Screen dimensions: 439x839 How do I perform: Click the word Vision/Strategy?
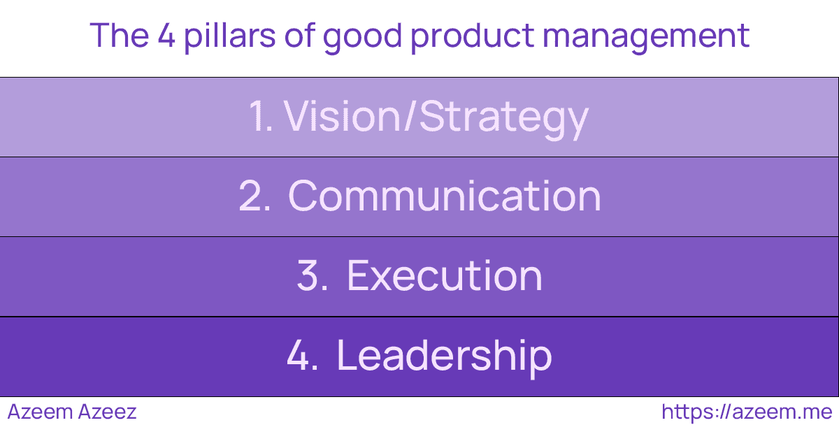[436, 117]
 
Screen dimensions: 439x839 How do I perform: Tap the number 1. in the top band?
[260, 117]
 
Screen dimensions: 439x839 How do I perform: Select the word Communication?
[445, 196]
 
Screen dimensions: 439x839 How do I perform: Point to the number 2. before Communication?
[254, 196]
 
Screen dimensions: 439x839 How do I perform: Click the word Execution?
[445, 276]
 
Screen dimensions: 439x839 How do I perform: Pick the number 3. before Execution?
[313, 276]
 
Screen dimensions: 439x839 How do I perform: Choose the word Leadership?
[445, 356]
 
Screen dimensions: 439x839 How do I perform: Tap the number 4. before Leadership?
[303, 356]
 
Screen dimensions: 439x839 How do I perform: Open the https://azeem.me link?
[746, 412]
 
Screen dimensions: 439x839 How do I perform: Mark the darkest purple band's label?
[419, 356]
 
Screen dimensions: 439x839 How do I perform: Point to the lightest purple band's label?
[419, 117]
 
